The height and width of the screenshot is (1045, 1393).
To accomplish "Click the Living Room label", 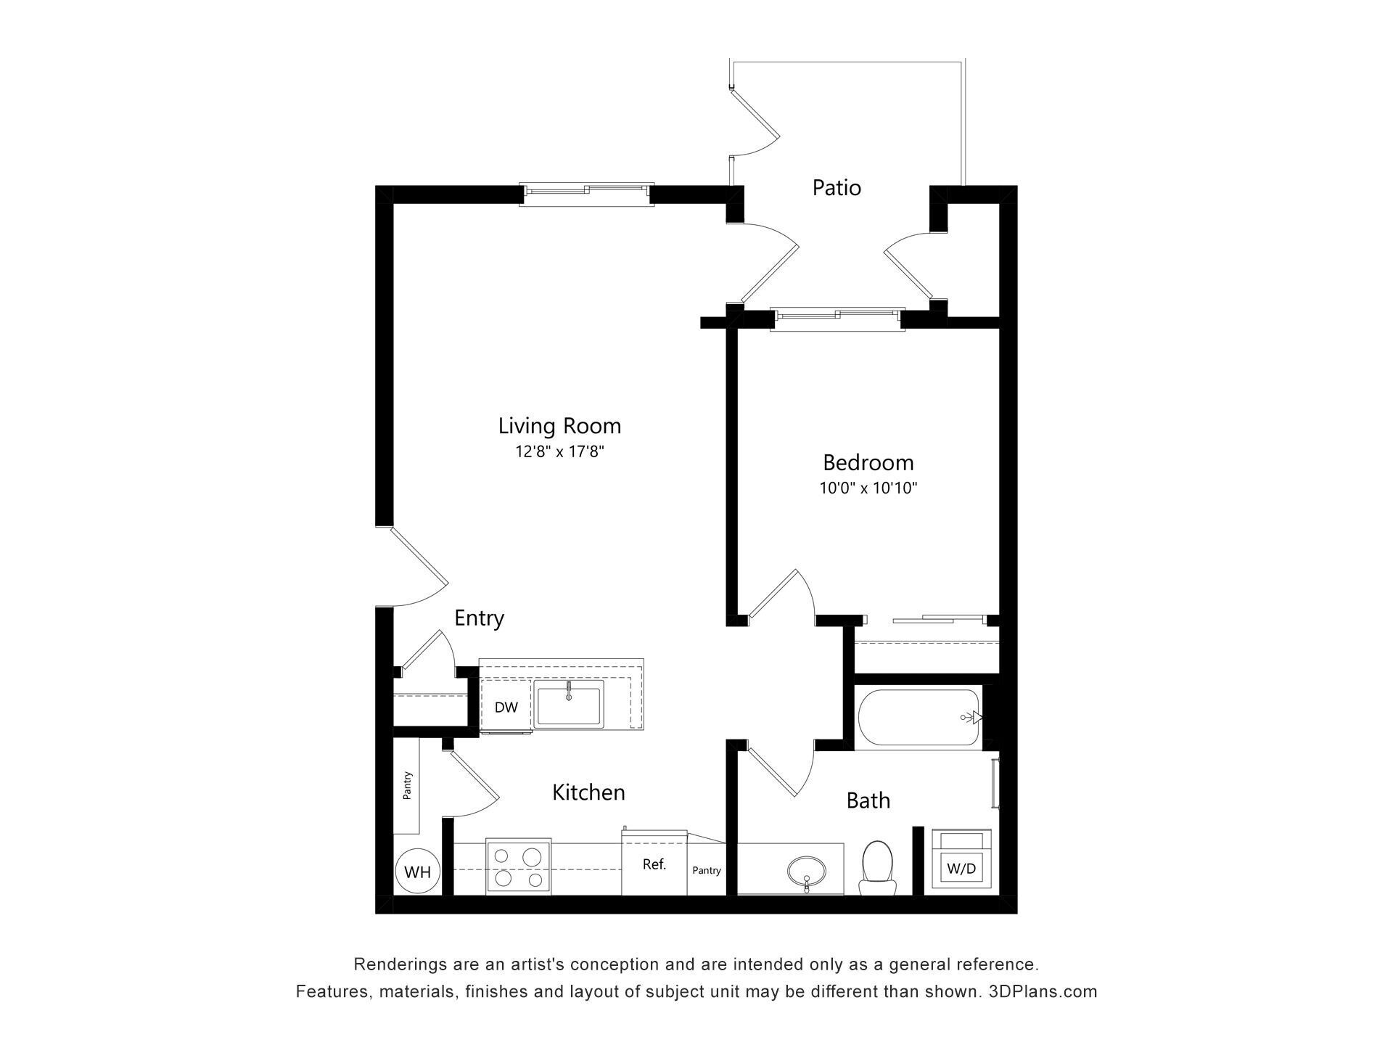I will point(559,425).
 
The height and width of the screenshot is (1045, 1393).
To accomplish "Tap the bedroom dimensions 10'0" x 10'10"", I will point(868,488).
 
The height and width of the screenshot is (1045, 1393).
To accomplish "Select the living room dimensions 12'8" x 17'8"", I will point(559,452).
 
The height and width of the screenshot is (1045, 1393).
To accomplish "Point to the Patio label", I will point(837,188).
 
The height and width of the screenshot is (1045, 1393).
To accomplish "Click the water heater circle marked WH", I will point(417,872).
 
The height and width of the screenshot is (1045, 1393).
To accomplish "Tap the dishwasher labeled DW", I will point(506,708).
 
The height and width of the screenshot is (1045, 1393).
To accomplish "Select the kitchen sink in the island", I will point(569,704).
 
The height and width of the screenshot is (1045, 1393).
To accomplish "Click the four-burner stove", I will point(518,868).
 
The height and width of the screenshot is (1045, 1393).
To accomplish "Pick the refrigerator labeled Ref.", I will point(654,864).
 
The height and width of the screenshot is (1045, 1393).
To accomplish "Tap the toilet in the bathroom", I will point(876,867).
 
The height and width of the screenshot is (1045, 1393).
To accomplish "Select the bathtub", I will point(918,717).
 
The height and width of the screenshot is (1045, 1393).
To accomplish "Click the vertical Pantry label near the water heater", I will point(407,785).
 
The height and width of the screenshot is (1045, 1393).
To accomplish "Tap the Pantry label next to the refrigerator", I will point(706,871).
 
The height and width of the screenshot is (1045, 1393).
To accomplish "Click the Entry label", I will point(479,618).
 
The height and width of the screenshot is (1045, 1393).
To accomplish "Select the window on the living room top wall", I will point(587,192).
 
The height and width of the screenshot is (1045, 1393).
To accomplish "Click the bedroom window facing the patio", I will point(837,316).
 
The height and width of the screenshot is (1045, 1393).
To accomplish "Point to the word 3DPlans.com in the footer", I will point(1043,991).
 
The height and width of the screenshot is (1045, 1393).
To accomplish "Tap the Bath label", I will point(868,800).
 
